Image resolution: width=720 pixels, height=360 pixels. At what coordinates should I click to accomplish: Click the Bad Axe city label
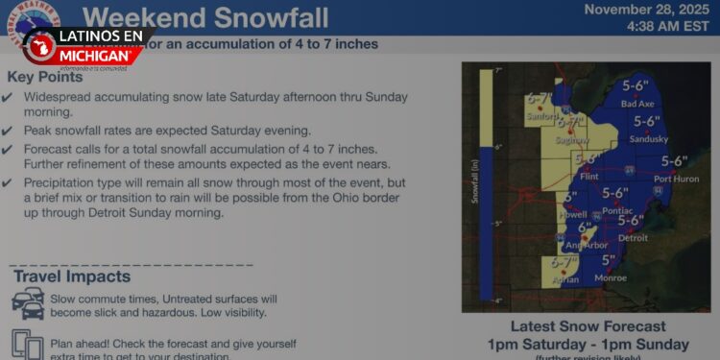(636, 104)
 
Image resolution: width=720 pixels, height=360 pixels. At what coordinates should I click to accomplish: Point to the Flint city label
(590, 177)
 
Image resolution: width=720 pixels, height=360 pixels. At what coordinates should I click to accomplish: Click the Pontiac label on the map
(616, 209)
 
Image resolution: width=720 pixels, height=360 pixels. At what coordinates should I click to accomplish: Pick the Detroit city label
(634, 237)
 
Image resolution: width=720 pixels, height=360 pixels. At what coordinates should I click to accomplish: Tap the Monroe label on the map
(611, 277)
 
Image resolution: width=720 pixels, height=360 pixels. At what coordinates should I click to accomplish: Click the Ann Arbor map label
(586, 245)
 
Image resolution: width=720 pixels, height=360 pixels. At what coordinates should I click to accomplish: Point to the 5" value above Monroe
(608, 260)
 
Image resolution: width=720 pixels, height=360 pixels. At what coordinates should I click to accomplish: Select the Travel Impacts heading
(72, 276)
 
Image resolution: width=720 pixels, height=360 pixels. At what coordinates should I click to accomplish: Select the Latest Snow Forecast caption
(588, 326)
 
